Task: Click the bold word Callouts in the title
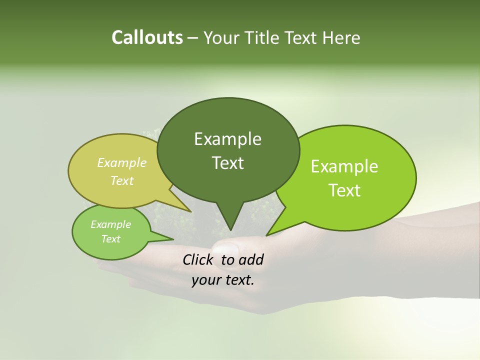coord(147,37)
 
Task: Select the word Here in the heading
coord(341,37)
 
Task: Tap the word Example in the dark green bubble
coord(227,139)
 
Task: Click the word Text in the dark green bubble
coord(227,163)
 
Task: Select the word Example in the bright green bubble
coord(344,166)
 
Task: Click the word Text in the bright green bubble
coord(344,190)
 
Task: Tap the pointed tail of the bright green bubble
coord(270,232)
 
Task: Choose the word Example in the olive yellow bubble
coord(122,162)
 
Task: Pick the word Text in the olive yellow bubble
coord(122,180)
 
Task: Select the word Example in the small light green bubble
coord(110,224)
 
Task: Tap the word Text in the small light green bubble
coord(110,239)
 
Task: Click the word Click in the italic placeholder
coord(199,259)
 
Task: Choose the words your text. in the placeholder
coord(223,280)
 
